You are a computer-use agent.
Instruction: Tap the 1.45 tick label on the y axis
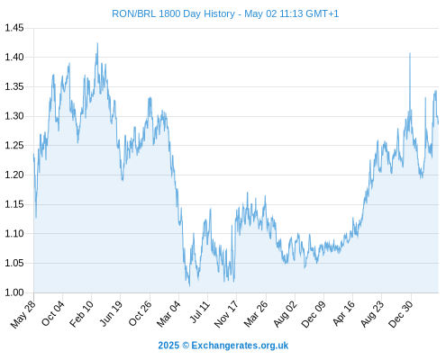pos(14,28)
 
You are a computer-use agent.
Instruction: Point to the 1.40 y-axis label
pos(14,57)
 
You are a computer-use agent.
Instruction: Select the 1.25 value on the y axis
pos(14,146)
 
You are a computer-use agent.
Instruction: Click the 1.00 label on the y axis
pos(14,292)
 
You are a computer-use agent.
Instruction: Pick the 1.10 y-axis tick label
pos(14,233)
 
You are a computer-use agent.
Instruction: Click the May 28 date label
pos(23,314)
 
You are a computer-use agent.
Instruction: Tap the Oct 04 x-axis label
pos(53,313)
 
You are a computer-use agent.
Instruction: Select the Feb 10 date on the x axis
pos(81,314)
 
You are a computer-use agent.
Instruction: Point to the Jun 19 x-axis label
pos(111,313)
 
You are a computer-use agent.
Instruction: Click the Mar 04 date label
pos(168,314)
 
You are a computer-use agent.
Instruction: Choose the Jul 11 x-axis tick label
pos(200,312)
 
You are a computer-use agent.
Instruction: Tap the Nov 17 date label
pos(226,314)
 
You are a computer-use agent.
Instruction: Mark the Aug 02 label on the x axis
pos(286,314)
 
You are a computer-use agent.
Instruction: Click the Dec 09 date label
pos(314,314)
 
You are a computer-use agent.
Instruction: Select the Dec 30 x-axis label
pos(401,314)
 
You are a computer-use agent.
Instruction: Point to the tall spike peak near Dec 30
pos(410,53)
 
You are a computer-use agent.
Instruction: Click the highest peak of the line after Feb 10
pos(97,43)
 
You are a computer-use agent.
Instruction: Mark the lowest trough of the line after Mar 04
pos(189,286)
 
